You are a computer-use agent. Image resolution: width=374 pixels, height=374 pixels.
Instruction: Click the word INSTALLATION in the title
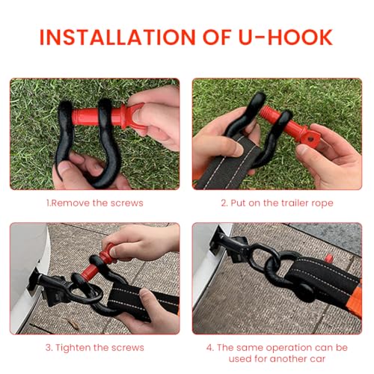[117, 37]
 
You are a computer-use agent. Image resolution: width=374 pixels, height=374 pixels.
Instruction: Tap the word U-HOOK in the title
[286, 37]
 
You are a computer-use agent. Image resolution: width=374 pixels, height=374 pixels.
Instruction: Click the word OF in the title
[216, 37]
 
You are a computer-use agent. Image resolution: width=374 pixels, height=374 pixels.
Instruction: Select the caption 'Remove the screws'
[97, 203]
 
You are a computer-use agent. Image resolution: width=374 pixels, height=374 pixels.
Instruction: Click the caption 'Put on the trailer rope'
[282, 203]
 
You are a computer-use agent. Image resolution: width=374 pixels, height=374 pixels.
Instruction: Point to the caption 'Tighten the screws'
[99, 348]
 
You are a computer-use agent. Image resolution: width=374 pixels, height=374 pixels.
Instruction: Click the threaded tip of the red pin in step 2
[266, 111]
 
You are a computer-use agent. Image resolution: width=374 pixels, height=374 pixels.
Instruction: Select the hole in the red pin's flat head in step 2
[310, 138]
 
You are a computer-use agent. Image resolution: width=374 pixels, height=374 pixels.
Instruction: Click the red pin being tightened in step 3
[99, 264]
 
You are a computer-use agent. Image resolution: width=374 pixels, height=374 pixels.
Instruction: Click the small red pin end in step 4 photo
[329, 259]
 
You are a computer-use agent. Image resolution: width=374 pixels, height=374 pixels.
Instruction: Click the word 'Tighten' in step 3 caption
[71, 348]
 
